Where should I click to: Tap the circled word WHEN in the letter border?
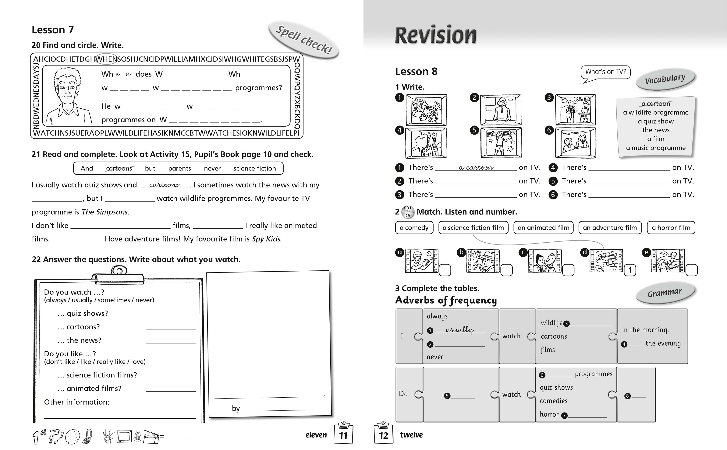(x=106, y=59)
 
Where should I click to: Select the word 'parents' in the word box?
(x=179, y=168)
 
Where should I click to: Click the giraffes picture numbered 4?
(x=426, y=143)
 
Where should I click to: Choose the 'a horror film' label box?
(x=671, y=228)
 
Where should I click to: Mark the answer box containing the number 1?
(x=630, y=270)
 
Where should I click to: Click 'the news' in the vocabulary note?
(x=656, y=130)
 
